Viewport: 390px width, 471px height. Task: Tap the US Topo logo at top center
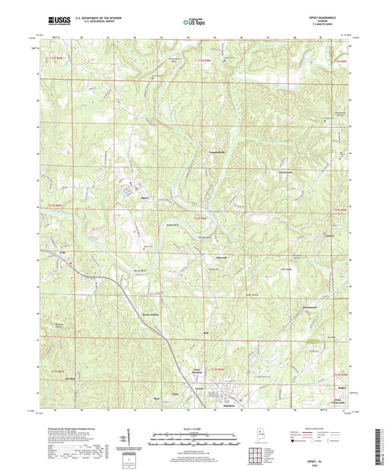(194, 23)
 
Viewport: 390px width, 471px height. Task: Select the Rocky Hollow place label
(150, 314)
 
